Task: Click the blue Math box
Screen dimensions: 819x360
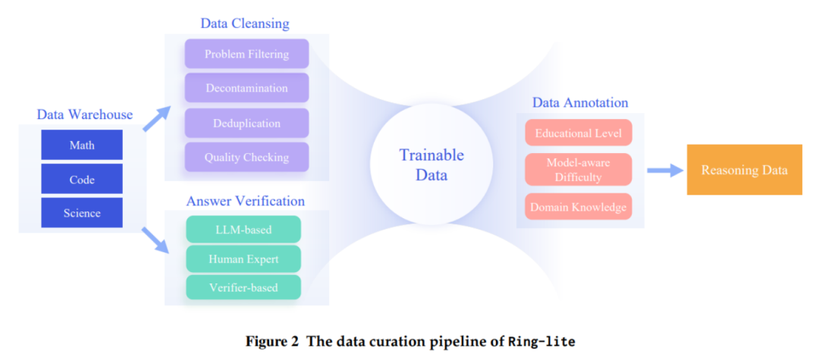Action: click(x=82, y=145)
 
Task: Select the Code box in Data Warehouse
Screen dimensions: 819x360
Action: click(x=82, y=179)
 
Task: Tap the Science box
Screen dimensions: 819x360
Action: click(x=82, y=213)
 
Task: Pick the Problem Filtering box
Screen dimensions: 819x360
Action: click(x=246, y=54)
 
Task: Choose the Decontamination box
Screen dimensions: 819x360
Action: click(x=246, y=88)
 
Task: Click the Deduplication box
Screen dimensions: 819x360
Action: click(x=246, y=123)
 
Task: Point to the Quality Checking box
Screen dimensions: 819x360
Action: click(x=246, y=157)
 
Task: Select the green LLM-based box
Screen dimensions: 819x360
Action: click(x=243, y=229)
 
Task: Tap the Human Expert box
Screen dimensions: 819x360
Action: click(x=243, y=258)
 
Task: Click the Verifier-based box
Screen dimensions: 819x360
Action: click(x=243, y=287)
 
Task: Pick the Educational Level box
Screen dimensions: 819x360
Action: click(x=578, y=133)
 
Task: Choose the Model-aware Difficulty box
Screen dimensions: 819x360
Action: click(x=578, y=170)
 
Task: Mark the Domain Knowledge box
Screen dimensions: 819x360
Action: click(x=578, y=207)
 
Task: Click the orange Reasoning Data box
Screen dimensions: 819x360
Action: click(x=745, y=170)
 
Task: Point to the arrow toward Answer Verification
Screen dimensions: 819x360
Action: click(x=157, y=240)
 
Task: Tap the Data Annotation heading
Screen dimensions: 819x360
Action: click(x=580, y=102)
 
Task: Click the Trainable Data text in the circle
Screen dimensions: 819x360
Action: click(x=431, y=164)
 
